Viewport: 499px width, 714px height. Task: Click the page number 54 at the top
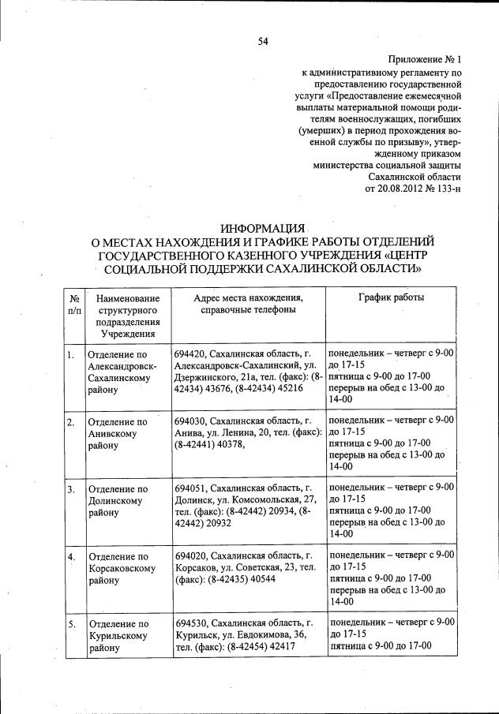click(x=263, y=42)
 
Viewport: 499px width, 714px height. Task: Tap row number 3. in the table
click(x=71, y=489)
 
